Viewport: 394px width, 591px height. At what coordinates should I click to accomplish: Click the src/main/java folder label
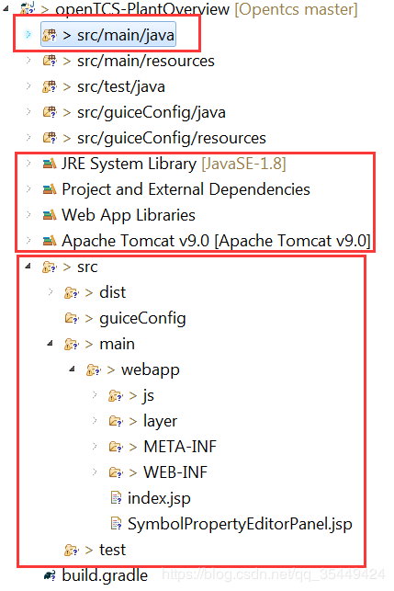click(126, 35)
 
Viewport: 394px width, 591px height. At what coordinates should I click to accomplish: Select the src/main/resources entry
click(146, 61)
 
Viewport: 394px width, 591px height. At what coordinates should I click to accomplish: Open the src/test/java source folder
click(121, 86)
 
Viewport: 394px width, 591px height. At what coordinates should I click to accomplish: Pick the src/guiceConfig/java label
click(151, 112)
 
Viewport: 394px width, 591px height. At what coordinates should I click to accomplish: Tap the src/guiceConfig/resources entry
click(172, 138)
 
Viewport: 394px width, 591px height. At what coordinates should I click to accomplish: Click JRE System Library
click(129, 164)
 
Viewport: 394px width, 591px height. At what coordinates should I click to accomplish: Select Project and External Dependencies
click(186, 189)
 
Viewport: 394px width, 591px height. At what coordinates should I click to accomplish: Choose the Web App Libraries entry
click(129, 215)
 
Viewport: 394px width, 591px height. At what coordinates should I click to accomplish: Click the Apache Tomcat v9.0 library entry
click(216, 241)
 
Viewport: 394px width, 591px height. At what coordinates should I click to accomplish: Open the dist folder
click(112, 292)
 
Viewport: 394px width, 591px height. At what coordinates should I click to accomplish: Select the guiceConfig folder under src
click(142, 319)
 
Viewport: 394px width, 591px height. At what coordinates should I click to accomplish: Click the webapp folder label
click(151, 369)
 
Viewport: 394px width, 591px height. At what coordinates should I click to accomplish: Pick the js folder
click(149, 395)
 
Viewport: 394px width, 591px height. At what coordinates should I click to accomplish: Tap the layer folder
click(160, 421)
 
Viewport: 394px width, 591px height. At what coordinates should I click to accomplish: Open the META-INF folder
click(180, 447)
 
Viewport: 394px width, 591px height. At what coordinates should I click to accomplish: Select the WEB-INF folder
click(175, 472)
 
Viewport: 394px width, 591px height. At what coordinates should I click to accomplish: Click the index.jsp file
click(159, 498)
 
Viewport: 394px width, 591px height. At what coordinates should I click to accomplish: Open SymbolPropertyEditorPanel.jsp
click(240, 524)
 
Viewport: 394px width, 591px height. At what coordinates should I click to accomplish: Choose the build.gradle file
click(105, 575)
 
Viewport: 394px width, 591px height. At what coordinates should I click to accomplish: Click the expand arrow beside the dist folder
click(51, 291)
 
